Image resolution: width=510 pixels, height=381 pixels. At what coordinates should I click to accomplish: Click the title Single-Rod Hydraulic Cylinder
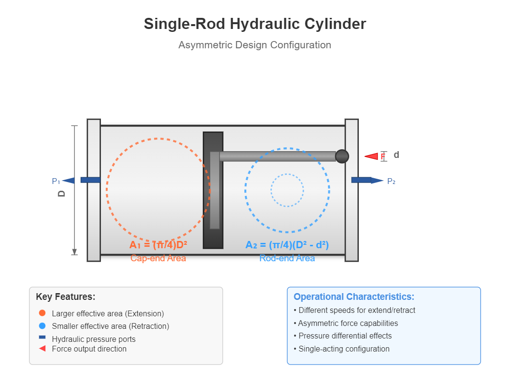[255, 24]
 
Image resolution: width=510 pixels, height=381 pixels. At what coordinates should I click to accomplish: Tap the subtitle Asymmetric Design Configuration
[255, 45]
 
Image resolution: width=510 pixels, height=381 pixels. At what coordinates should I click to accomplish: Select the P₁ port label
[56, 182]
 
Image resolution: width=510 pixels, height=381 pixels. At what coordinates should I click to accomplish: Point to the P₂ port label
[391, 182]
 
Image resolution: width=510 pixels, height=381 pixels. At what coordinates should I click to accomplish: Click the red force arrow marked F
[372, 156]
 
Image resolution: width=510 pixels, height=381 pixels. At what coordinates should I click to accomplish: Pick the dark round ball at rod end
[342, 156]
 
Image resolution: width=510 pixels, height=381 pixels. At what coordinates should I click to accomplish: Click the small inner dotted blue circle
[287, 190]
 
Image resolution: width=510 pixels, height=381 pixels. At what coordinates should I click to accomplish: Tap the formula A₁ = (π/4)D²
[158, 245]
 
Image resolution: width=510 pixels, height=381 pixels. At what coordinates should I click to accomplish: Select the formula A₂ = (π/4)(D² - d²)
[287, 245]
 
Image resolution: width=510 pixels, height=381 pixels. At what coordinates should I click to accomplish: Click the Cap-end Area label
[158, 258]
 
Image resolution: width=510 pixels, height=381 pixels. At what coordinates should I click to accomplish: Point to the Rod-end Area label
[287, 258]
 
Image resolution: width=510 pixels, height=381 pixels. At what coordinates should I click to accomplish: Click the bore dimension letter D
[62, 193]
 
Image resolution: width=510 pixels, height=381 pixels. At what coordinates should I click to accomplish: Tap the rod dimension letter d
[397, 155]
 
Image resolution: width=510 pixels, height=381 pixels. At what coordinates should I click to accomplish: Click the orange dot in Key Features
[42, 313]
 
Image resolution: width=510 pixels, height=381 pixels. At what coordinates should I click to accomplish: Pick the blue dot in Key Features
[42, 325]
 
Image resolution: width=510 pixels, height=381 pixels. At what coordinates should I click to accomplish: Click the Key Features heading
[66, 296]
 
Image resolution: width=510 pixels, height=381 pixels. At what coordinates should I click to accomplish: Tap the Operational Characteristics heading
[354, 296]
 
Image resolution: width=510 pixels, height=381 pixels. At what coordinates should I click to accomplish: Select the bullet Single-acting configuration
[344, 349]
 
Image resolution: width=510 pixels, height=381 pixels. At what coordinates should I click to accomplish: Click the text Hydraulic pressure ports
[94, 339]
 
